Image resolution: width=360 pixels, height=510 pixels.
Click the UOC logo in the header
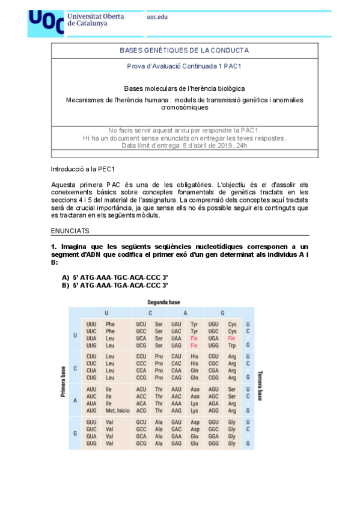(46, 23)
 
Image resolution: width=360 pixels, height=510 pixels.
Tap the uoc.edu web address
(157, 17)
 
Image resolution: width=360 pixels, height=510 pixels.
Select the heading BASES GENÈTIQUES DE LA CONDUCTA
(184, 51)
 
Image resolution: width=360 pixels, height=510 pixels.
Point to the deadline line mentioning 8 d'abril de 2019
(184, 146)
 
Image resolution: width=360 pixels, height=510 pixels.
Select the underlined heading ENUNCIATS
(70, 230)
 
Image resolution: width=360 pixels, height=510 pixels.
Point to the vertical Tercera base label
(259, 386)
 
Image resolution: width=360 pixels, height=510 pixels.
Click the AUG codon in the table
(91, 411)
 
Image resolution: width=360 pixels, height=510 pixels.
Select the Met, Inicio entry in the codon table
(118, 411)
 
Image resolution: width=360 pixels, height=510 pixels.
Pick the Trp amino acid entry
(232, 346)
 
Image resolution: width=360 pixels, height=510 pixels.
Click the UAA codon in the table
(176, 339)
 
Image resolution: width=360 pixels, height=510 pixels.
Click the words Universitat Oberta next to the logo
(96, 16)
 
